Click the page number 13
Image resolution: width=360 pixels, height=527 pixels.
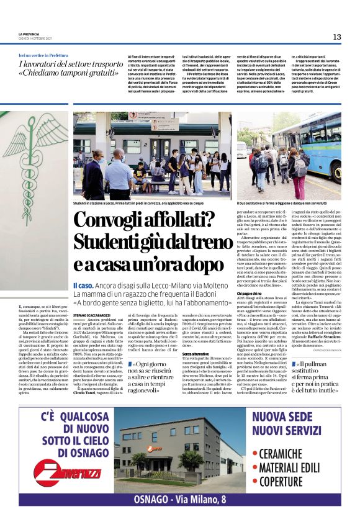336,37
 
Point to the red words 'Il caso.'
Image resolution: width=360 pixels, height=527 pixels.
83,284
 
